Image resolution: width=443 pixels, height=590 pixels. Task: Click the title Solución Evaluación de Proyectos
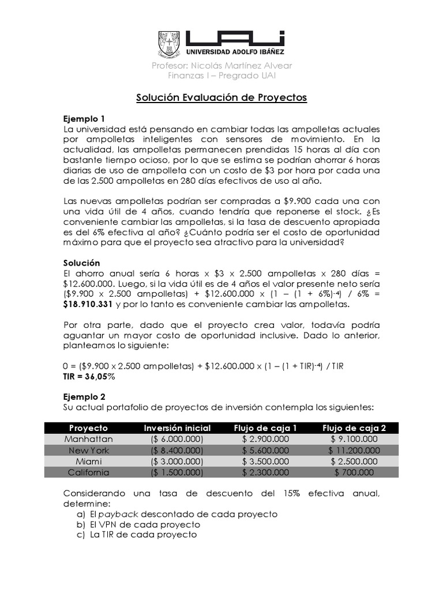click(x=221, y=97)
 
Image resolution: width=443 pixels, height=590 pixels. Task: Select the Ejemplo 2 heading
click(x=84, y=396)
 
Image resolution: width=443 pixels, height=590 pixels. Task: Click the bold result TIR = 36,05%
click(x=89, y=376)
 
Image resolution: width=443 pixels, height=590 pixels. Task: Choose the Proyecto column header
click(x=88, y=428)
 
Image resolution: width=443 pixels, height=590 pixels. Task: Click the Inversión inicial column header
click(x=177, y=428)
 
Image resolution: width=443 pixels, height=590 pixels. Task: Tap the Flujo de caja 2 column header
click(x=354, y=428)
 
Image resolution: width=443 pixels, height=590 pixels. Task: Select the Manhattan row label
click(x=88, y=439)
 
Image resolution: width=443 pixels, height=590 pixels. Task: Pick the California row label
click(x=88, y=472)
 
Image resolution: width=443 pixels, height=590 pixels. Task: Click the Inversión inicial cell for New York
click(x=177, y=451)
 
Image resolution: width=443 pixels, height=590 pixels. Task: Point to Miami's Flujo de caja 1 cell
click(x=265, y=462)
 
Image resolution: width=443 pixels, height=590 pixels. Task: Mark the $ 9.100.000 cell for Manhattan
click(x=354, y=439)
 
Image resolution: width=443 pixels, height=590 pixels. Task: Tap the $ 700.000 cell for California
click(x=354, y=472)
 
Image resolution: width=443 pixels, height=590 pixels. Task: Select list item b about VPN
click(x=138, y=524)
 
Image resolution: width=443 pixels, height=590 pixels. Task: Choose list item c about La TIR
click(x=137, y=535)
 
